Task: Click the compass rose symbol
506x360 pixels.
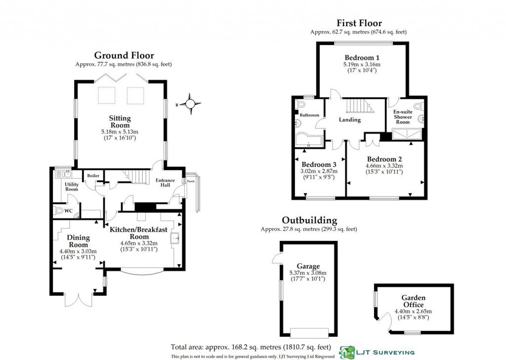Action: [x=190, y=104]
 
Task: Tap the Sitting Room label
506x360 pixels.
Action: [x=120, y=121]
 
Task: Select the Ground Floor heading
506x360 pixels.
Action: [x=124, y=55]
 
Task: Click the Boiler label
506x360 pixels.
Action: [x=93, y=175]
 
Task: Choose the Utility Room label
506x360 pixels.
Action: [x=72, y=187]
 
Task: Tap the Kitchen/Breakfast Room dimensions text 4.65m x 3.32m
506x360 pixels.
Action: [x=139, y=243]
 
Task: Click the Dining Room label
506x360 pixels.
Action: [x=78, y=241]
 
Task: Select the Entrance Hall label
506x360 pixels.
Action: [x=165, y=183]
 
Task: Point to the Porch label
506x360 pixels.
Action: [x=191, y=181]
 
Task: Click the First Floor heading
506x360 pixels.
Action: [x=359, y=23]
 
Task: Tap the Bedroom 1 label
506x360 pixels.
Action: [x=362, y=58]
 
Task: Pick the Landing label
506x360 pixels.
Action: [x=350, y=120]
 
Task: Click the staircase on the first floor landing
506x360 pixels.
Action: [x=360, y=106]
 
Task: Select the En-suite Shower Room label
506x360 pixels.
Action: [x=403, y=117]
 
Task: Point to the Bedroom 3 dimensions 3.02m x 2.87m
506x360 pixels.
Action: [x=319, y=171]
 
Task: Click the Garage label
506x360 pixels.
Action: [x=308, y=266]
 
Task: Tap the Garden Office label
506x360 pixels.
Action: [x=414, y=301]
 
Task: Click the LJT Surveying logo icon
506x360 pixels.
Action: [x=347, y=353]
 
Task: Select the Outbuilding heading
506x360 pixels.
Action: [x=309, y=220]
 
